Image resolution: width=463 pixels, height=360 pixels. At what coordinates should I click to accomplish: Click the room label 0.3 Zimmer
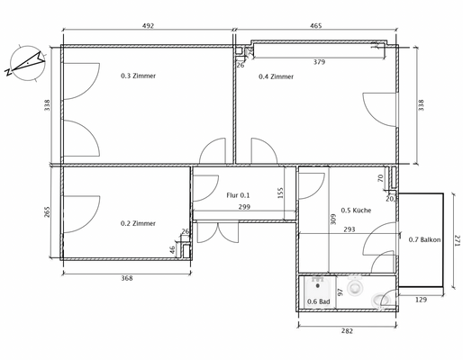(139, 76)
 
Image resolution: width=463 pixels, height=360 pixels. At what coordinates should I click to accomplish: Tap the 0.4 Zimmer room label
(276, 76)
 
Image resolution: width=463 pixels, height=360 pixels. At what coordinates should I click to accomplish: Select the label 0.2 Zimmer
(139, 223)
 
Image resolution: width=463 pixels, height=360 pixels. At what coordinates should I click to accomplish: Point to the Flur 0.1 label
(238, 195)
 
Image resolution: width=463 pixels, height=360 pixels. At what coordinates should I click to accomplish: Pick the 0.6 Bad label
(317, 301)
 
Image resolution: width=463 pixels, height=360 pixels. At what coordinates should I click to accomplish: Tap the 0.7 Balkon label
(424, 239)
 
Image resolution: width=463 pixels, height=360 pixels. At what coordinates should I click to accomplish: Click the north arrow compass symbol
(24, 62)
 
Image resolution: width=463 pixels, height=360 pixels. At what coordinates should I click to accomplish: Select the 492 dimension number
(149, 26)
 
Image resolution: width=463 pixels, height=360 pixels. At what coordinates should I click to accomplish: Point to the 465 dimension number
(317, 26)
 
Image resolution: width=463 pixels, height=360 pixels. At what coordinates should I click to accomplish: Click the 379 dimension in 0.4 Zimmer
(319, 62)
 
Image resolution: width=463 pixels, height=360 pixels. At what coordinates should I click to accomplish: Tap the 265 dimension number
(47, 212)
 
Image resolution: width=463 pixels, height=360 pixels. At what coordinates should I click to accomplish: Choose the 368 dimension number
(127, 278)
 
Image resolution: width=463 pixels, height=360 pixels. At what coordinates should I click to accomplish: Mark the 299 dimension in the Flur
(244, 207)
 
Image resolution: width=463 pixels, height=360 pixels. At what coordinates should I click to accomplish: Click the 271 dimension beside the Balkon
(457, 240)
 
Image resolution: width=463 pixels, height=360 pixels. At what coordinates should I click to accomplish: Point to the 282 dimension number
(347, 332)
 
